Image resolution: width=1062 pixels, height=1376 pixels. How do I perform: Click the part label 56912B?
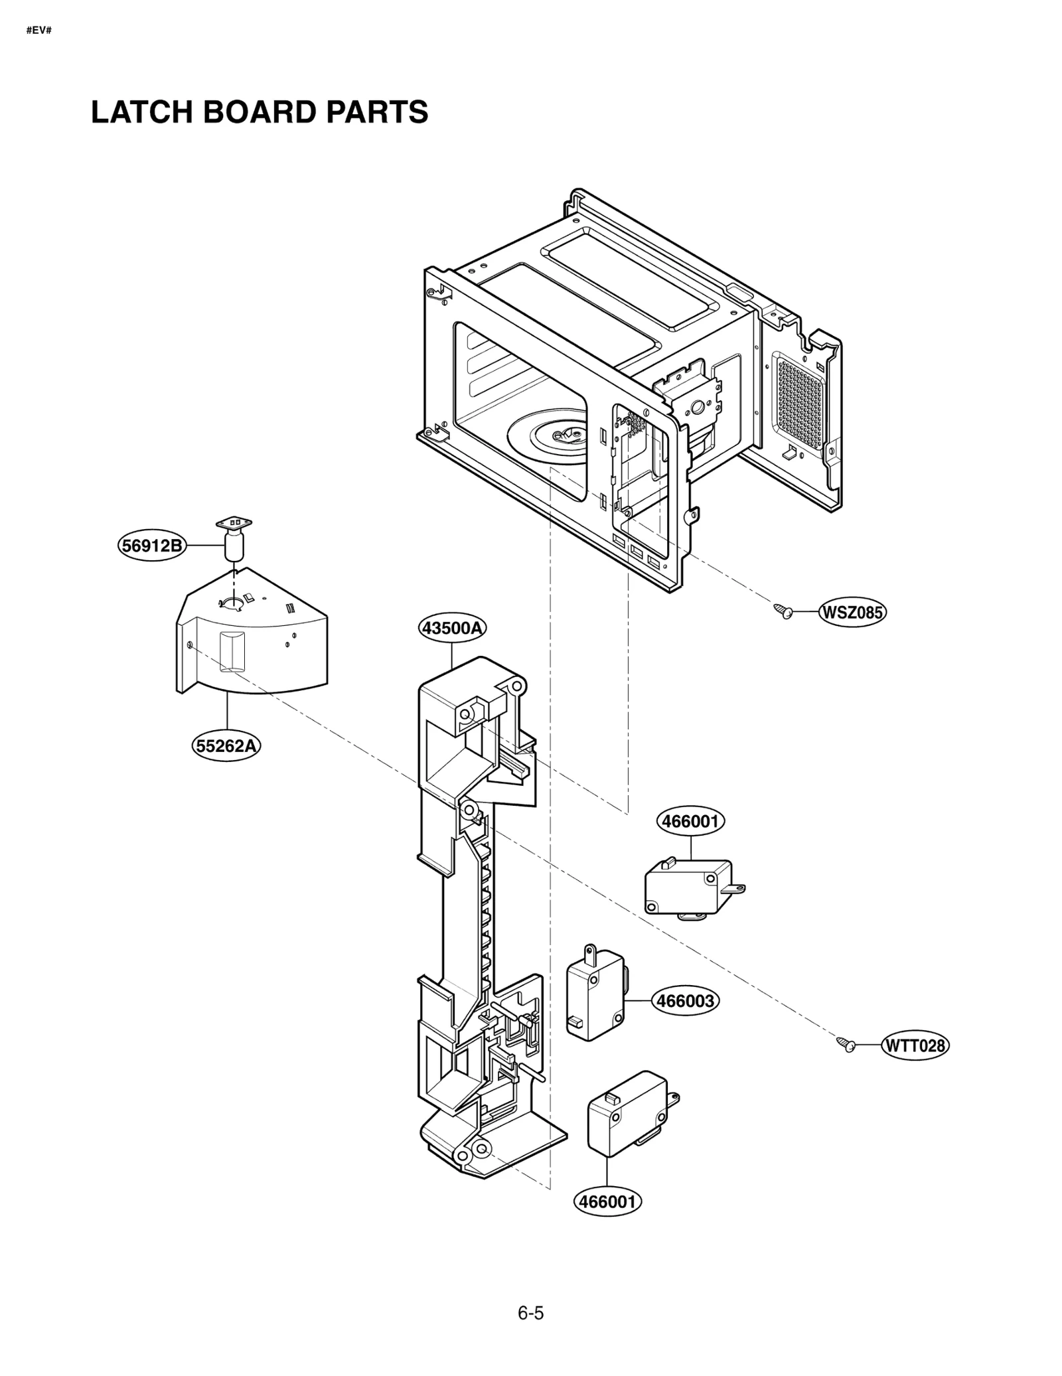pos(152,546)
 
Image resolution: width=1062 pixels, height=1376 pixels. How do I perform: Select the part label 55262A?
pos(226,746)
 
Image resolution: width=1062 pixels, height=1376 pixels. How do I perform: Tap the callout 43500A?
pos(452,627)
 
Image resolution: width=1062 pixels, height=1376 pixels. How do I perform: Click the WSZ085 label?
pos(852,612)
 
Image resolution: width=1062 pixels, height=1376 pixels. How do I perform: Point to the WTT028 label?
pos(915,1046)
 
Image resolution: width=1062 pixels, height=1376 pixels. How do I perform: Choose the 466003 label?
pos(686,1000)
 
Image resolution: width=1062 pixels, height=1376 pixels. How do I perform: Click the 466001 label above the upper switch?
pos(690,821)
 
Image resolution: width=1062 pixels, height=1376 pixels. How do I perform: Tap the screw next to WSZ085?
pos(784,611)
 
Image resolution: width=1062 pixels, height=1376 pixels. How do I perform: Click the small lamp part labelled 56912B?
pos(234,541)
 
